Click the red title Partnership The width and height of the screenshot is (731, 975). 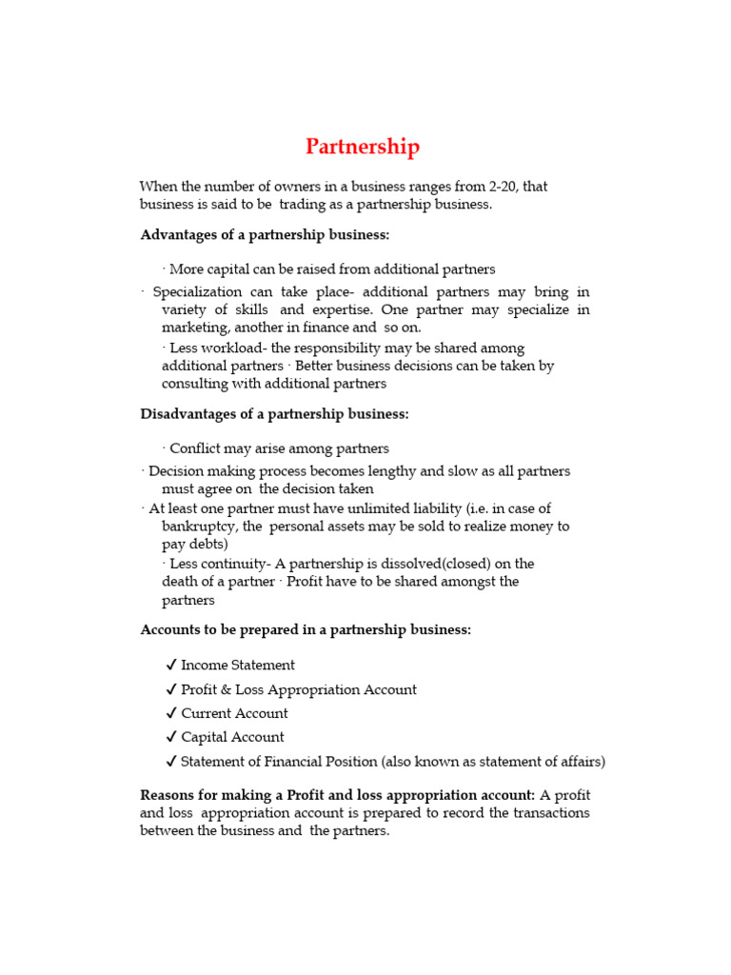(362, 147)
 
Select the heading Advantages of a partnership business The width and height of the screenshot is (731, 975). (265, 234)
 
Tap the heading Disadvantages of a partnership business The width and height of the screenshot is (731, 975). (274, 413)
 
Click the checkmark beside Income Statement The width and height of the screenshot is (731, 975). (170, 666)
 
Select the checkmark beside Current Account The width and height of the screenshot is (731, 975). (170, 713)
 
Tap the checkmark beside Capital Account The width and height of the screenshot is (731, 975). (170, 737)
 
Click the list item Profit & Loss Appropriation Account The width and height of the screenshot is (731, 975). (298, 689)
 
